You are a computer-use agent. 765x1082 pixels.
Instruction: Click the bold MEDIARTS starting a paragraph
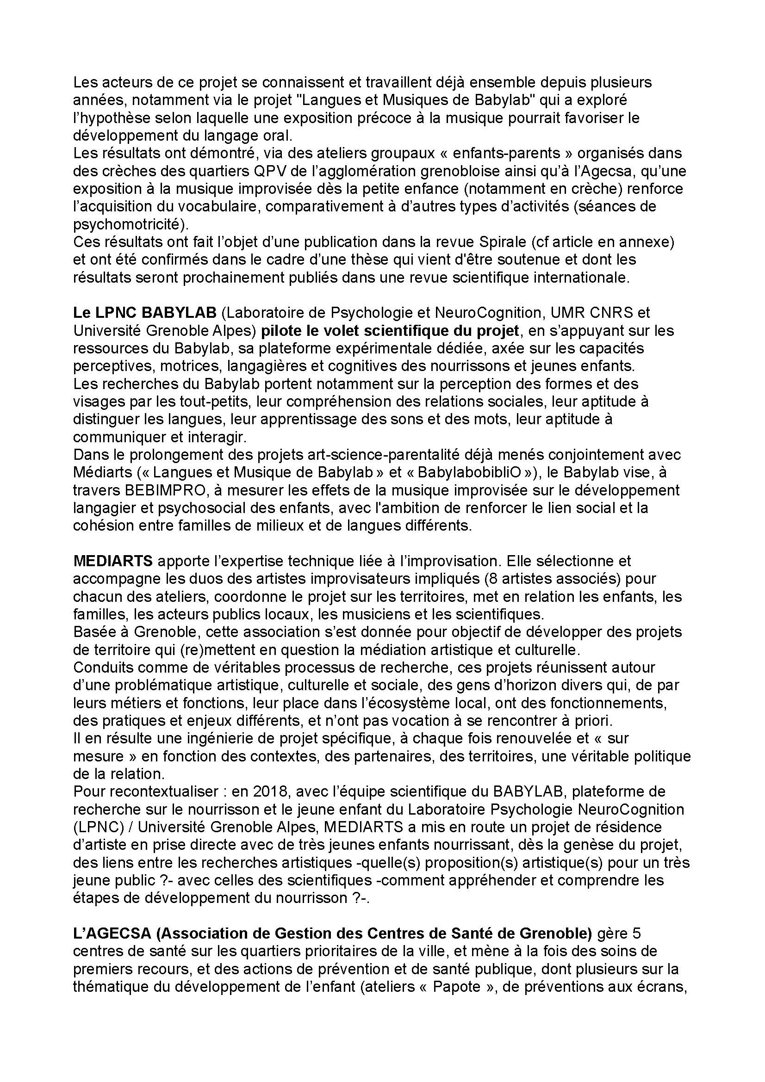point(112,561)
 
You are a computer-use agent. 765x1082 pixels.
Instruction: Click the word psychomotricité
point(127,224)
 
